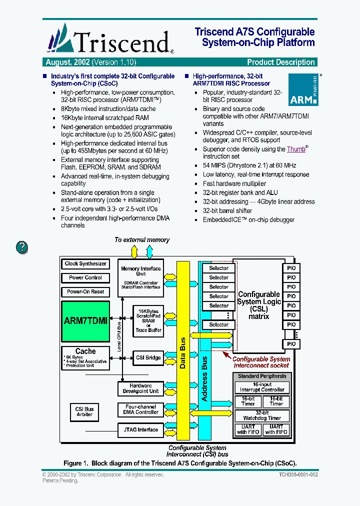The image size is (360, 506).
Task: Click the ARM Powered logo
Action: point(303,90)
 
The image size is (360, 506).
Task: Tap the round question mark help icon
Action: point(22,247)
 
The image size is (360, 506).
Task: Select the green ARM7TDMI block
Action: point(85,321)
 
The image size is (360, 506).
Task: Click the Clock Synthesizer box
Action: point(85,263)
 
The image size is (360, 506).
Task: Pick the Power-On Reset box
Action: point(85,291)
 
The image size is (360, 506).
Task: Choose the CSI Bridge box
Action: point(148,357)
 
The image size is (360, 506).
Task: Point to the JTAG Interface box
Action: point(140,429)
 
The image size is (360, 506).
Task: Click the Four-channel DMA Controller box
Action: point(140,409)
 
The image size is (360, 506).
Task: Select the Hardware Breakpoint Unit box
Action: point(140,388)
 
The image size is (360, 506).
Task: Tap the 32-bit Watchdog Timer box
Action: point(262,415)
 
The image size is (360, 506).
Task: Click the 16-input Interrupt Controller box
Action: point(262,387)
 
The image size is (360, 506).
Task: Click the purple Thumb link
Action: point(296,149)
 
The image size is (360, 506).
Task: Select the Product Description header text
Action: point(281,62)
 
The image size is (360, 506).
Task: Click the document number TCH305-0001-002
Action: point(298,474)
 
